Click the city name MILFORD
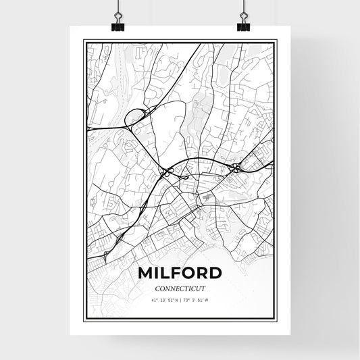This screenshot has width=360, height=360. pos(179,274)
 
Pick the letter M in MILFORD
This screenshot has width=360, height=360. pos(145,274)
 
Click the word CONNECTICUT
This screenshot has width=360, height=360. pos(180,288)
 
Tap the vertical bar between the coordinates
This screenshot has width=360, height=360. pos(179,301)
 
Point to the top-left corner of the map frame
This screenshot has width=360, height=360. pos(84,41)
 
